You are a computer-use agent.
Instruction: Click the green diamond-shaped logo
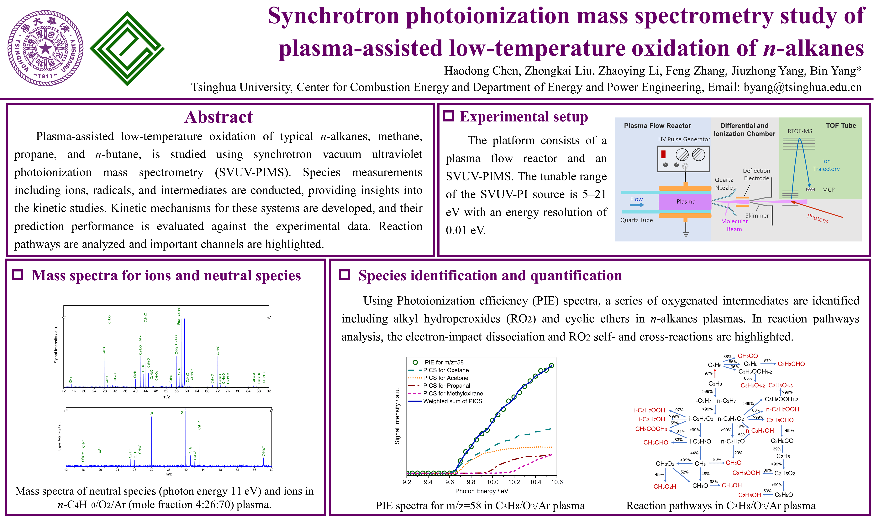(x=127, y=48)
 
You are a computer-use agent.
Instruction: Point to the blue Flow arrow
(x=637, y=205)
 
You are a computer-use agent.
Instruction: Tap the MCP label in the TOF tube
(x=828, y=190)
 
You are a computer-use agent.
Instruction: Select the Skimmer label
(x=757, y=215)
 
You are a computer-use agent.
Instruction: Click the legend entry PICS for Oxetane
(x=446, y=370)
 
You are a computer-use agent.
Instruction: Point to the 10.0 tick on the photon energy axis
(x=492, y=482)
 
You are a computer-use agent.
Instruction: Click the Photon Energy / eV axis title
(x=482, y=491)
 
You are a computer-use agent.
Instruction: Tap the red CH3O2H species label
(x=665, y=487)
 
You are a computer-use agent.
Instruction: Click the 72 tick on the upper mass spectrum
(x=218, y=391)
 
